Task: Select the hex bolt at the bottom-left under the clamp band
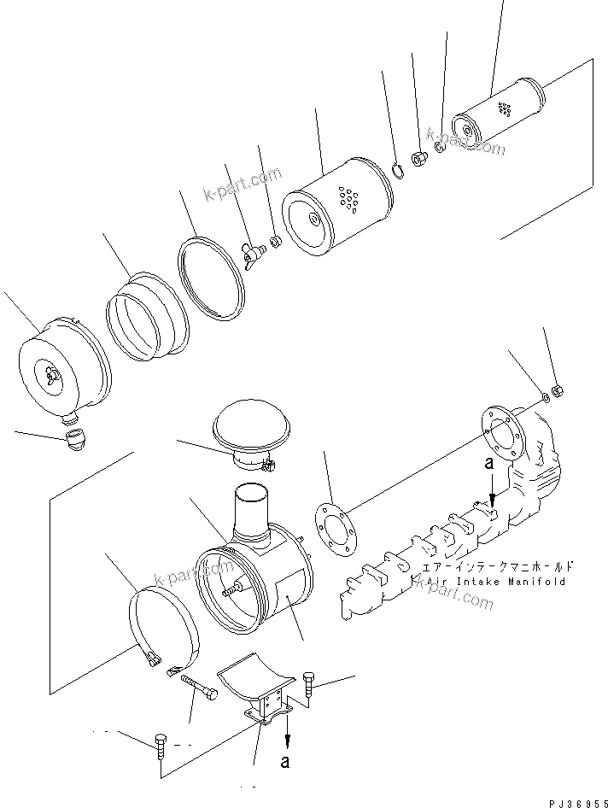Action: [161, 745]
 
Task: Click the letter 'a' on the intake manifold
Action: [488, 463]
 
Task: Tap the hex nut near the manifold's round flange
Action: [556, 391]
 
